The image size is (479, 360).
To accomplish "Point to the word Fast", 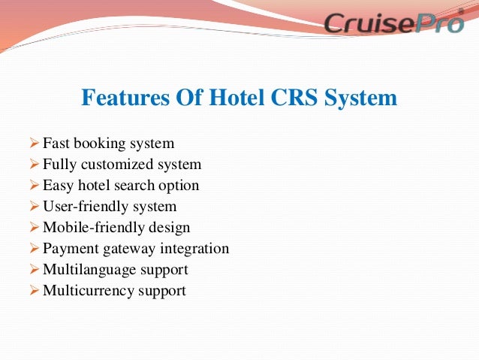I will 56,143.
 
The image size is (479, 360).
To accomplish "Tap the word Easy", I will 57,185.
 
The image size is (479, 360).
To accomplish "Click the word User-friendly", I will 83,206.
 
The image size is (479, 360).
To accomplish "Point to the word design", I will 167,227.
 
